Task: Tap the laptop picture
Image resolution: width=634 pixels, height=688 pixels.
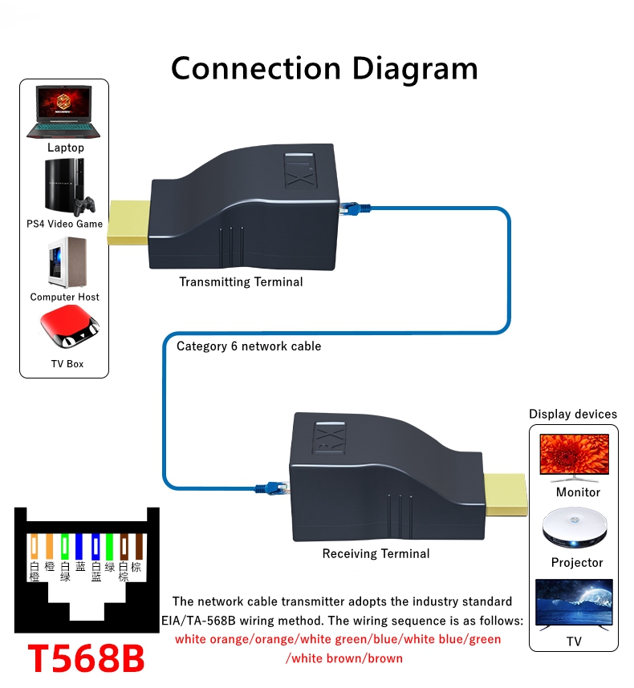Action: [65, 111]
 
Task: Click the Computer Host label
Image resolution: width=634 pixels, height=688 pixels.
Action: [65, 297]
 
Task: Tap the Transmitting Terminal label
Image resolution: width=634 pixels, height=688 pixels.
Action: [241, 281]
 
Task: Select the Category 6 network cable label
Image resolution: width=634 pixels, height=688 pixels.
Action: [249, 346]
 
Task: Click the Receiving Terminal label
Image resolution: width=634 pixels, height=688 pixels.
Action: [376, 553]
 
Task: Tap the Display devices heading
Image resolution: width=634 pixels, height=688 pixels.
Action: [573, 414]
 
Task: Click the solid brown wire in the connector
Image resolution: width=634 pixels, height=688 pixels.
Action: [138, 547]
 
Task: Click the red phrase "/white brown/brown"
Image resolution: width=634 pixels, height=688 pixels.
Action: [344, 658]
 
